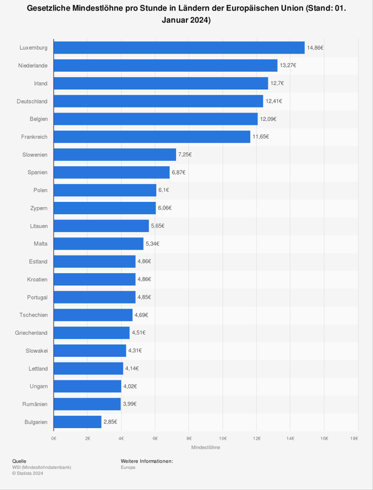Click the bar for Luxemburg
179,48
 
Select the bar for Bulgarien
78,422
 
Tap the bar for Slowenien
115,155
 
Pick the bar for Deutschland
158,101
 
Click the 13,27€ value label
287,65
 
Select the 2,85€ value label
111,422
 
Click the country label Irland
41,83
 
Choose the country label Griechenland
31,332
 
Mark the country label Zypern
39,208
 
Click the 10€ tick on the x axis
223,437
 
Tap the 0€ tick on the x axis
54,437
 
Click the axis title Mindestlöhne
205,447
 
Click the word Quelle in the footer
19,461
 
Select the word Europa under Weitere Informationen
128,467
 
